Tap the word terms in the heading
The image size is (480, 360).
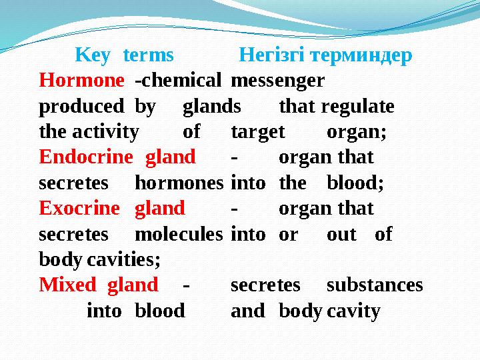click(x=149, y=55)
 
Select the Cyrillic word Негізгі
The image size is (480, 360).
click(x=270, y=55)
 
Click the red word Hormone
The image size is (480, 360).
click(x=81, y=81)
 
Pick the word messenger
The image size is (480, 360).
click(x=277, y=81)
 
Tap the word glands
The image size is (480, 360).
click(x=212, y=107)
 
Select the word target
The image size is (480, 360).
click(x=258, y=132)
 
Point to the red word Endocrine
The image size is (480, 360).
click(x=86, y=157)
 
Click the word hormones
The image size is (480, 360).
click(x=179, y=183)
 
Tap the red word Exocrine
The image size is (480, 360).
click(x=79, y=209)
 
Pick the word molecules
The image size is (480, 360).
click(x=179, y=234)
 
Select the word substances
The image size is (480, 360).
click(x=375, y=285)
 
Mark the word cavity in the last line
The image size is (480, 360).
click(x=353, y=311)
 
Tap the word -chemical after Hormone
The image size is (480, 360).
click(x=178, y=81)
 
